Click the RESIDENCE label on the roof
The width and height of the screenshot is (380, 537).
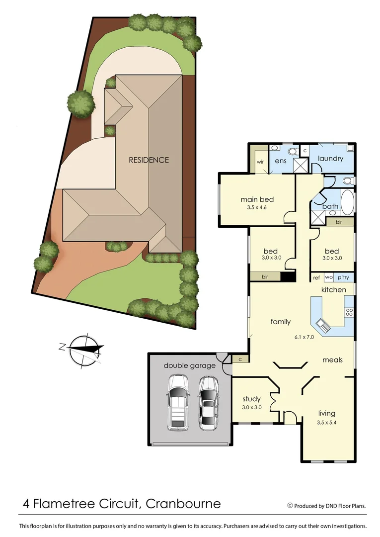click(x=149, y=160)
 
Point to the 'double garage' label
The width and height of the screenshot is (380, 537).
click(x=190, y=365)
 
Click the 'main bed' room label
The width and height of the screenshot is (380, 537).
click(x=257, y=199)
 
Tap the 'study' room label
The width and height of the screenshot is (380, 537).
click(x=251, y=399)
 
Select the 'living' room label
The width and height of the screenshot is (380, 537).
click(x=326, y=413)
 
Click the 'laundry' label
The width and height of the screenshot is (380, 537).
click(x=330, y=159)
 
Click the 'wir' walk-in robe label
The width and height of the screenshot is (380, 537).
click(x=260, y=162)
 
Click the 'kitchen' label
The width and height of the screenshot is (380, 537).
click(x=333, y=289)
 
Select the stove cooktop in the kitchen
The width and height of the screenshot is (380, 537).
click(x=349, y=313)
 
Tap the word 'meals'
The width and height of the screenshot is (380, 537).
click(x=332, y=359)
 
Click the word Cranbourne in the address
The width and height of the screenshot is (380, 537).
click(x=183, y=504)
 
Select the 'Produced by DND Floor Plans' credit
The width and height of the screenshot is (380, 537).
click(x=329, y=506)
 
